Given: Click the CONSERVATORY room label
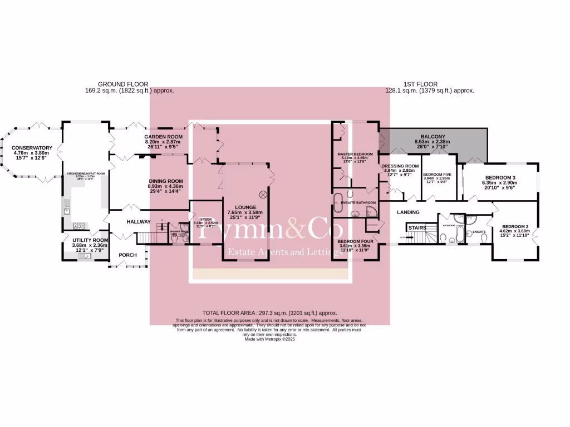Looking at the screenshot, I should coord(32,148).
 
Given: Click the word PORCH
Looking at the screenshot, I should coord(127,255).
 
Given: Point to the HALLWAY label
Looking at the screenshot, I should coord(139,222).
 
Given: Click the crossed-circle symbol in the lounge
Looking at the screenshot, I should coord(263,195).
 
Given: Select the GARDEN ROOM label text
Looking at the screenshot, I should coord(164,137).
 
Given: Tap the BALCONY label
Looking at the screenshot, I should coord(433,136).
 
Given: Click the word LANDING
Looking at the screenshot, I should coord(408,212).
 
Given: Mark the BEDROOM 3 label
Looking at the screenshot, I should coord(505,178).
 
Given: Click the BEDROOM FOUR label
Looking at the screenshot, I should coord(355,241).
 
